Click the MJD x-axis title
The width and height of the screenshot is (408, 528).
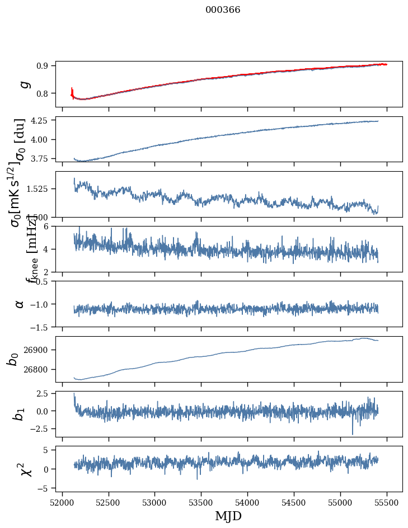pos(228,516)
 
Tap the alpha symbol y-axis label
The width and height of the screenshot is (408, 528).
pos(20,304)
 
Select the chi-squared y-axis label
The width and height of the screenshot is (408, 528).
pos(24,469)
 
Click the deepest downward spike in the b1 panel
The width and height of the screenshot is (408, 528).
pos(353,433)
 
